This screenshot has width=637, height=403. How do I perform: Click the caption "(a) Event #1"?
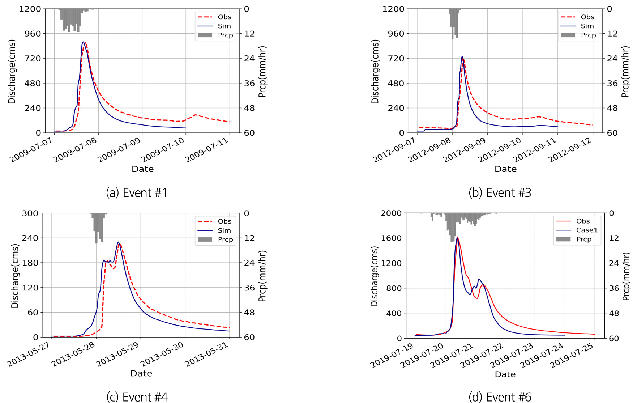(137, 193)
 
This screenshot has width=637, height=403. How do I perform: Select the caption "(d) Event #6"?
(500, 397)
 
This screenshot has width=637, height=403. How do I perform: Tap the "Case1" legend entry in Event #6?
(586, 230)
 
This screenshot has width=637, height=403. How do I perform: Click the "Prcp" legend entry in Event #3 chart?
(588, 35)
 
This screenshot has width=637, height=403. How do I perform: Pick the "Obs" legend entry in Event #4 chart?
(224, 221)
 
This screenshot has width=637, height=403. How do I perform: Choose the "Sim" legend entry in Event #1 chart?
(224, 26)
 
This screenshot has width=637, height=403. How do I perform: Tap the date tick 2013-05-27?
(30, 355)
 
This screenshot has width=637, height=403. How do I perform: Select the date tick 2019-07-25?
(573, 356)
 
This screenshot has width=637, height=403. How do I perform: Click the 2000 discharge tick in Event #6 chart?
(391, 213)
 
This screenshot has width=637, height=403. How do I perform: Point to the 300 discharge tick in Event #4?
(30, 213)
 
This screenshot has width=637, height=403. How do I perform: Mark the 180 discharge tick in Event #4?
(30, 263)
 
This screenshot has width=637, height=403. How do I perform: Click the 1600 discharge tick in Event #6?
(391, 238)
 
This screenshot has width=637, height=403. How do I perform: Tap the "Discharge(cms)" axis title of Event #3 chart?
(375, 71)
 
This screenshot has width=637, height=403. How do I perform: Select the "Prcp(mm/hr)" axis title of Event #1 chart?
(262, 71)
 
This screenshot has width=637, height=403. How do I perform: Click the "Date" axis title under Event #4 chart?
(141, 373)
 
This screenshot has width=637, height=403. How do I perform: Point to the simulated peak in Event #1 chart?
(83, 42)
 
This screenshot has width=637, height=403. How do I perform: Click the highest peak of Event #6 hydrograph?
(457, 237)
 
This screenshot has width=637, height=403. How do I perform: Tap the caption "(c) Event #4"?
(137, 397)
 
